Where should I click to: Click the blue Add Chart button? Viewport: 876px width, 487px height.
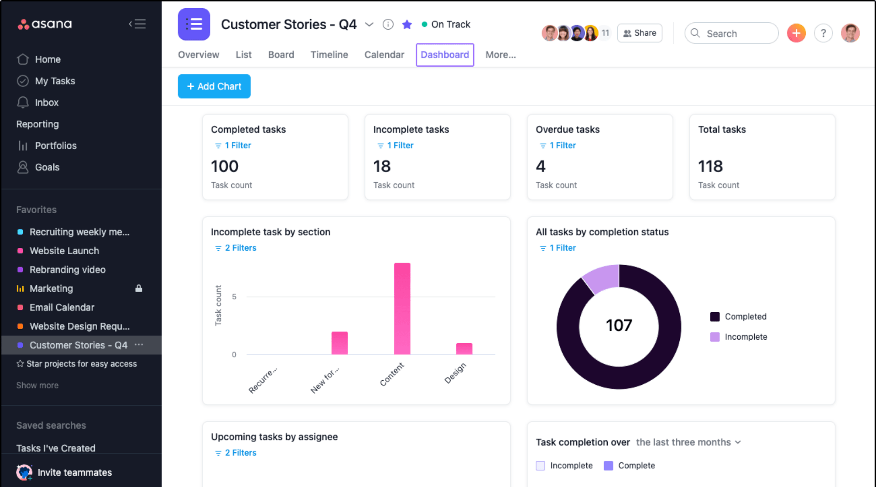coord(214,86)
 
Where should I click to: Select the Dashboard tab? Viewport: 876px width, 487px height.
coord(444,55)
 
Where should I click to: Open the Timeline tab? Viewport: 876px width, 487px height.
coord(329,55)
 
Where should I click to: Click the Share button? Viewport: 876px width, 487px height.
coord(639,33)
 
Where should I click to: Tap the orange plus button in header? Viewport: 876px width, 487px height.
coord(796,33)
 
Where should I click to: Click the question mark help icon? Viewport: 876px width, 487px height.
coord(823,33)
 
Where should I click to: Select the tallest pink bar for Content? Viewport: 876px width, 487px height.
coord(402,309)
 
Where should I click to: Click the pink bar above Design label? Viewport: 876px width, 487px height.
coord(464,349)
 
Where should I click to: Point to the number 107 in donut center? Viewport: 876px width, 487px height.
coord(619,325)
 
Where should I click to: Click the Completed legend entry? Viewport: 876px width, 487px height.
coord(745,317)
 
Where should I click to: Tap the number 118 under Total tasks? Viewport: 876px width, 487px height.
coord(710,167)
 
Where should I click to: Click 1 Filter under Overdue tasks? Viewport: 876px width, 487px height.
coord(562,146)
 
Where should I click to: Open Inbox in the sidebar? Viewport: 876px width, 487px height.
coord(47,103)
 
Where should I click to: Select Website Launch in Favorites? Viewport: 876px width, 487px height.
coord(64,251)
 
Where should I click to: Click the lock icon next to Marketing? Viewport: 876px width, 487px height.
coord(139,288)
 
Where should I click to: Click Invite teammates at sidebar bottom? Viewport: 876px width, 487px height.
coord(74,472)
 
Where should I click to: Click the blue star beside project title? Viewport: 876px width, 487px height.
coord(407,25)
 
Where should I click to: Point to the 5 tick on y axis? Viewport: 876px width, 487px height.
coord(234,297)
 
